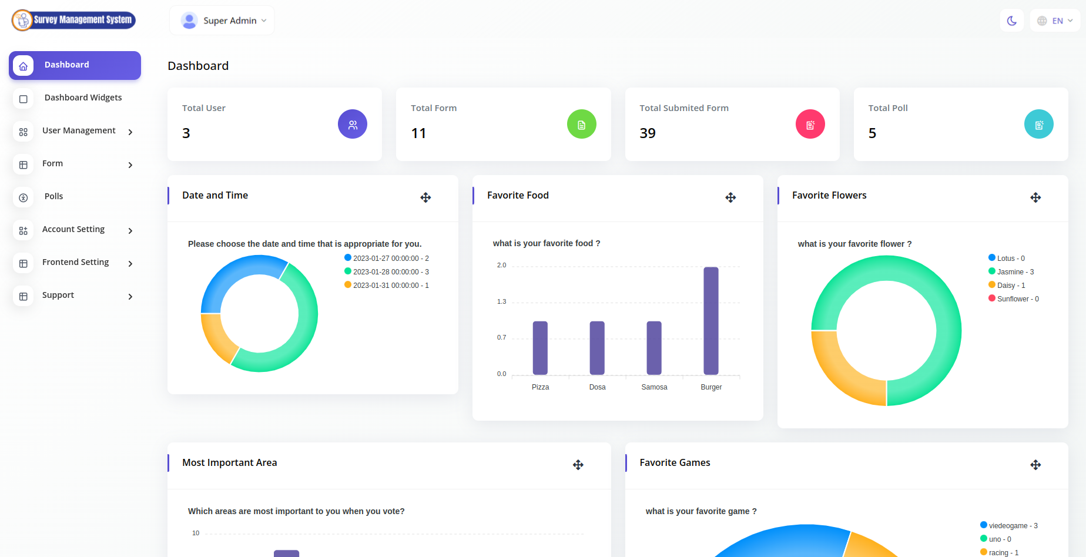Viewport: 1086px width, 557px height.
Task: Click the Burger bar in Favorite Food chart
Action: (711, 321)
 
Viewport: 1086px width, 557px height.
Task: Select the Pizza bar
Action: (540, 348)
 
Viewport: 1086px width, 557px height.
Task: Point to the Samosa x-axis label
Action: (654, 387)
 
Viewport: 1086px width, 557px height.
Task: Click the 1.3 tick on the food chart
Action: (501, 301)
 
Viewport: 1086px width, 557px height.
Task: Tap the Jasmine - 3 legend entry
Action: (1011, 272)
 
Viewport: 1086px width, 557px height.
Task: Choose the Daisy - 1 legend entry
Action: (1007, 286)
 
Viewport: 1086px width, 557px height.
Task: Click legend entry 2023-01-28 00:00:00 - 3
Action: (387, 272)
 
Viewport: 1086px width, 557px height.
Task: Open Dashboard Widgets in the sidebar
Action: (83, 98)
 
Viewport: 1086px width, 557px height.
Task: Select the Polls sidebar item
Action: (53, 196)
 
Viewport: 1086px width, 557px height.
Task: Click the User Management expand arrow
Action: (130, 132)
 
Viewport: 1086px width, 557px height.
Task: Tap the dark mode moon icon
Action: (1012, 21)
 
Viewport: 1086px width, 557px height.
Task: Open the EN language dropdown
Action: (1055, 21)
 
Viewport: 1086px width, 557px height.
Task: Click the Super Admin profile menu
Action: (223, 21)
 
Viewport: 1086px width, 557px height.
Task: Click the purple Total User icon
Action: (353, 125)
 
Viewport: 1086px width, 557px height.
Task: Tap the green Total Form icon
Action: (582, 125)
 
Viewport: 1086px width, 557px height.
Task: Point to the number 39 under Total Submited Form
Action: (648, 133)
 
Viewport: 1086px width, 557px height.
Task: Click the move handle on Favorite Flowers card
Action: (1035, 197)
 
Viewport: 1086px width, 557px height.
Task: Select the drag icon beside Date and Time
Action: (425, 197)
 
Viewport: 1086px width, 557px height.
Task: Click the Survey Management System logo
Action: (74, 20)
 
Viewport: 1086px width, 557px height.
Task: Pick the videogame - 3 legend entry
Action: (1009, 526)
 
